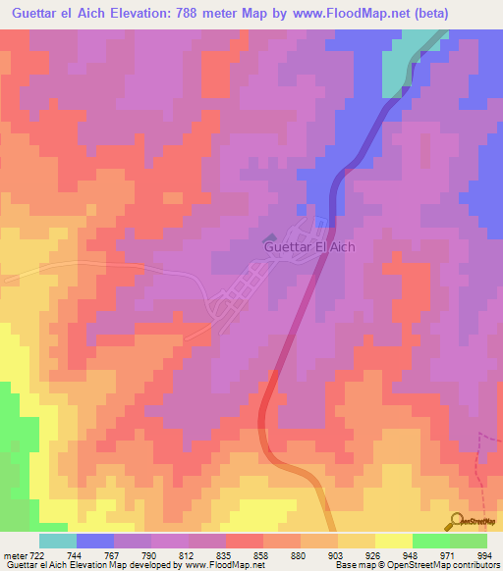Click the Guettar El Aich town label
click(308, 248)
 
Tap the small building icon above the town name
click(272, 235)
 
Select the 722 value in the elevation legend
click(38, 555)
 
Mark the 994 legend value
click(484, 555)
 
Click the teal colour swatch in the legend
click(58, 541)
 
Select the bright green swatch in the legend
click(430, 541)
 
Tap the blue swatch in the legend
click(95, 541)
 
